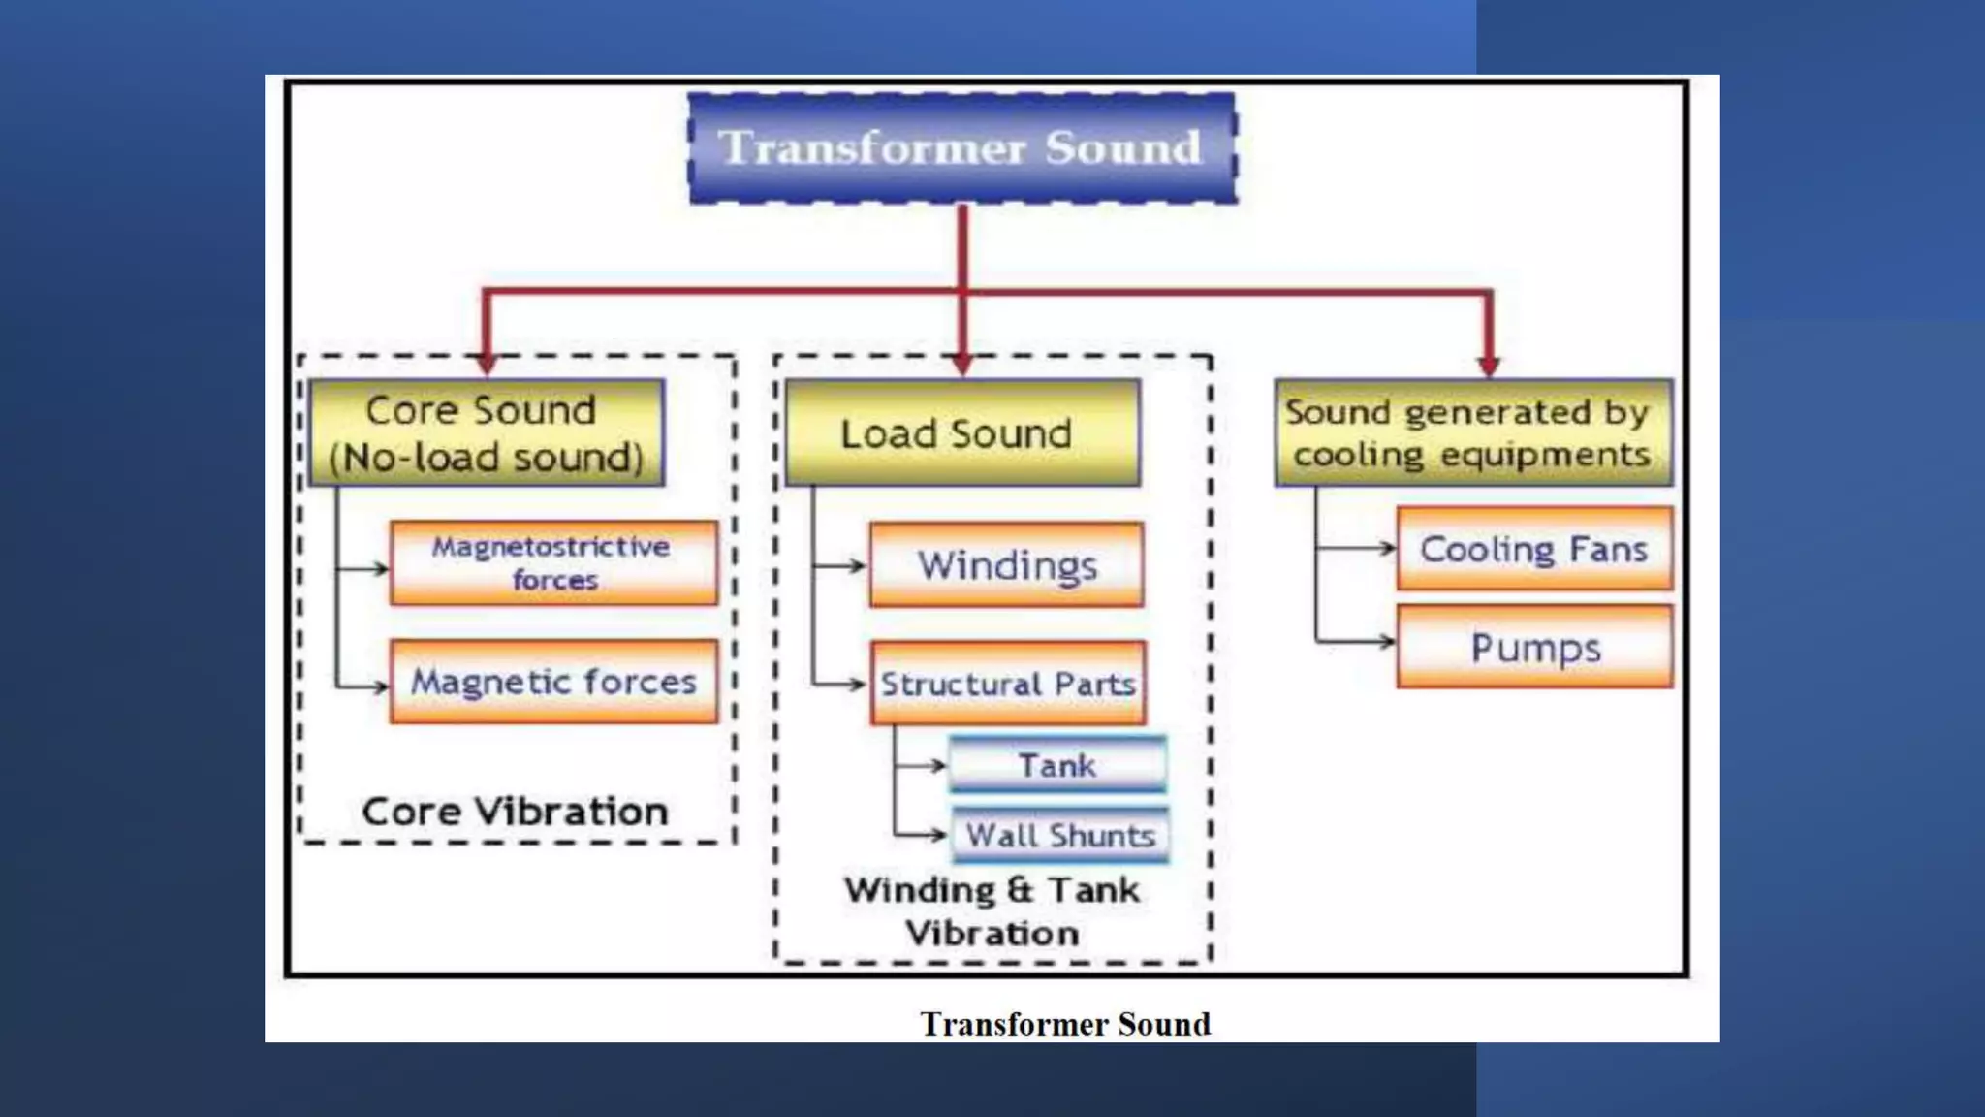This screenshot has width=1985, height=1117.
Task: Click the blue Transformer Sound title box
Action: click(961, 147)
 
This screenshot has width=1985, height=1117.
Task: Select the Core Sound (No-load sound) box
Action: click(487, 433)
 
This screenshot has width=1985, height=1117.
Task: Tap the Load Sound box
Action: click(961, 433)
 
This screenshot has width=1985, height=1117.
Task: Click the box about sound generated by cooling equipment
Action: click(1473, 433)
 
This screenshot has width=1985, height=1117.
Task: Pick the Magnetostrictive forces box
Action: click(553, 563)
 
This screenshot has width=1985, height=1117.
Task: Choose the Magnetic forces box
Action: click(553, 682)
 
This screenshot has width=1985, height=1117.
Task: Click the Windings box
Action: click(1006, 565)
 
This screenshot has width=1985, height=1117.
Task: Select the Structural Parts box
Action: click(1008, 684)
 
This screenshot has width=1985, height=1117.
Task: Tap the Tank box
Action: click(1057, 765)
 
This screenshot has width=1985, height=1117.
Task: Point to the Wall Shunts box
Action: click(1060, 835)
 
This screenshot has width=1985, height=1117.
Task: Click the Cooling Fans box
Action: click(1534, 549)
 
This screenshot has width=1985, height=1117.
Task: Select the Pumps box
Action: click(1534, 647)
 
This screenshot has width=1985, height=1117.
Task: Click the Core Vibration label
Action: click(515, 812)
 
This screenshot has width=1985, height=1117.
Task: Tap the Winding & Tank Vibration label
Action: click(992, 911)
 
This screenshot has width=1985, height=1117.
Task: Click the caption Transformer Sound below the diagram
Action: click(1065, 1024)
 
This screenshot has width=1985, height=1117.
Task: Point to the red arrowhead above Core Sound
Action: click(487, 364)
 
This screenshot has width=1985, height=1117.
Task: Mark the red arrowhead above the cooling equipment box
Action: click(1489, 365)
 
